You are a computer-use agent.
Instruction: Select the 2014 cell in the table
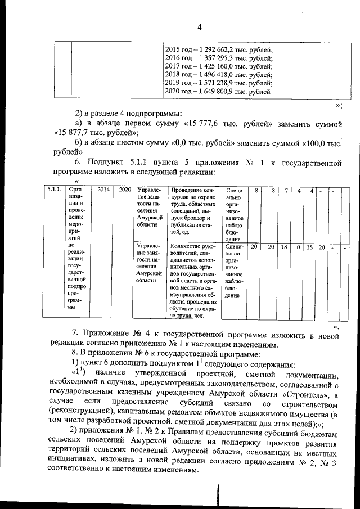pos(103,191)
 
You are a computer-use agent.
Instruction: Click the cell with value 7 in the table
pos(286,191)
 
